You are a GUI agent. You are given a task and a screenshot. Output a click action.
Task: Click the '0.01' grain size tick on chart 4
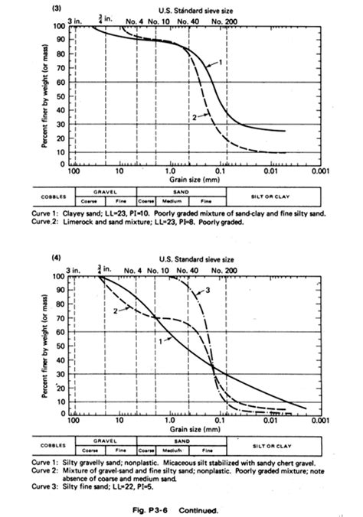(x=270, y=421)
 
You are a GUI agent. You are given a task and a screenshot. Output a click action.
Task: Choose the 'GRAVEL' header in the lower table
(x=104, y=441)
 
